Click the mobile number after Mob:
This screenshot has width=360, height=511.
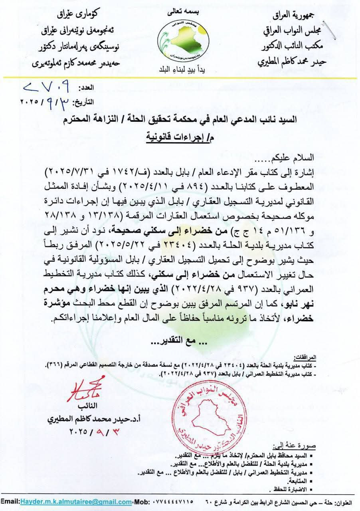(x=172, y=502)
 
